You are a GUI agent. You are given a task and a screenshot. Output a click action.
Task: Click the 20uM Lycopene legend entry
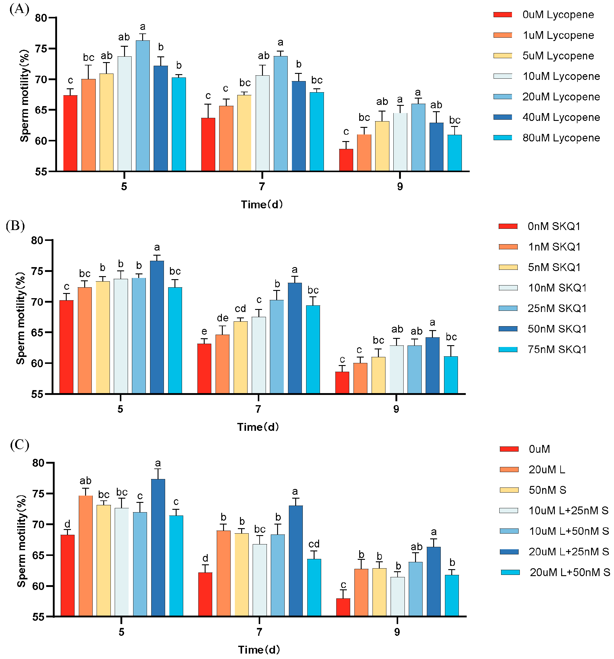[x=561, y=97]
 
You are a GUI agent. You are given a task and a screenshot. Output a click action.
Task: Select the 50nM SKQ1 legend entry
[x=557, y=329]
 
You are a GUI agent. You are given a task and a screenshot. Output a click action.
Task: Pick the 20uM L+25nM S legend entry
[x=568, y=552]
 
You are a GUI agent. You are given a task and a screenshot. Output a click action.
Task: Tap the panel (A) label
[x=19, y=9]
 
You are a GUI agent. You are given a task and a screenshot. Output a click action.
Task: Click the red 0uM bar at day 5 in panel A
[x=70, y=133]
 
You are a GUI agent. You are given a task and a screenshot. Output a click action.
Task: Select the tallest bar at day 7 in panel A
[x=280, y=114]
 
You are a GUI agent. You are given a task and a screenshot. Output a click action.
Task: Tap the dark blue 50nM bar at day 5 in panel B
[x=157, y=327]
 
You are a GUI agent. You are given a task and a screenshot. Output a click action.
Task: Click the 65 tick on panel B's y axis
[x=37, y=333]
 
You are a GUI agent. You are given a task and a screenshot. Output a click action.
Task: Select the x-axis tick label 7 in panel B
[x=258, y=409]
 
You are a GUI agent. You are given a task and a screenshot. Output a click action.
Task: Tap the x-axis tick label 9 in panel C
[x=397, y=632]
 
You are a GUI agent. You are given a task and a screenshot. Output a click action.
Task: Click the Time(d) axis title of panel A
[x=261, y=204]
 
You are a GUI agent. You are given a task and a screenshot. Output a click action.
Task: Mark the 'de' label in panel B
[x=222, y=318]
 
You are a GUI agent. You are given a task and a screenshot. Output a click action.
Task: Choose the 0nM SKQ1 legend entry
[x=554, y=226]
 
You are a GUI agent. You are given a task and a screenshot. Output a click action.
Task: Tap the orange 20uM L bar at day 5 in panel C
[x=85, y=556]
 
